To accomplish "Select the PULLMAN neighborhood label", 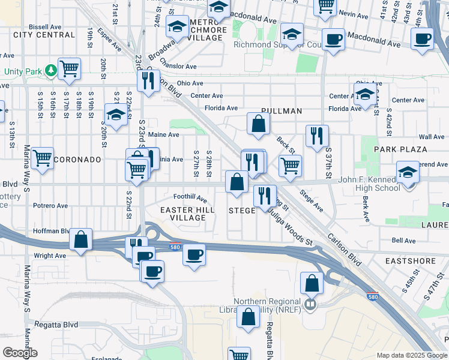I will click(x=281, y=111).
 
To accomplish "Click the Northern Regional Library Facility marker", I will click(x=310, y=304).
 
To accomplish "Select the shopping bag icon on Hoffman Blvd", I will click(x=80, y=239).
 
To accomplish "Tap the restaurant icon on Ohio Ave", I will click(x=148, y=80).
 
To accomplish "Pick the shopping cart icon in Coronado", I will click(x=42, y=159).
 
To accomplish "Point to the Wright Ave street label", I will click(x=50, y=256).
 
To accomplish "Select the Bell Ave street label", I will click(x=403, y=241).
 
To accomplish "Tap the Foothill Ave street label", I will click(x=190, y=196).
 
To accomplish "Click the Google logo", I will click(x=19, y=353).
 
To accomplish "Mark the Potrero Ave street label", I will click(x=50, y=206).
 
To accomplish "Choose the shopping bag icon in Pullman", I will click(x=258, y=124).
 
